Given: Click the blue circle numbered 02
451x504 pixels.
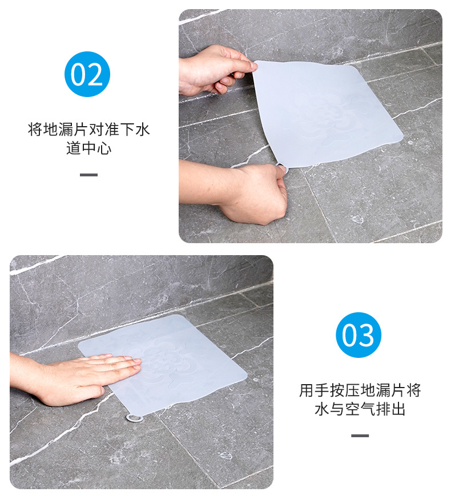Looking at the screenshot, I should tap(87, 74).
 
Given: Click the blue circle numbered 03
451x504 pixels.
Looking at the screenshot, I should tap(358, 335).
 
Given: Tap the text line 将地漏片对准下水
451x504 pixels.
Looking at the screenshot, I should tap(88, 130).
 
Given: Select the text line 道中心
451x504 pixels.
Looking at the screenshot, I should tap(88, 148).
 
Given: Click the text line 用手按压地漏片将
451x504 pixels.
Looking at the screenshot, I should tap(360, 390).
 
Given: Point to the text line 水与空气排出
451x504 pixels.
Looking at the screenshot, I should tap(360, 409).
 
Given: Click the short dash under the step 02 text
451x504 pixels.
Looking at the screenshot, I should tap(88, 175).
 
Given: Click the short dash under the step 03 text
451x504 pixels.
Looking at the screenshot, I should tap(360, 436).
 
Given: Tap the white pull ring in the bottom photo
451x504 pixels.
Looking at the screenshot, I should tap(134, 419).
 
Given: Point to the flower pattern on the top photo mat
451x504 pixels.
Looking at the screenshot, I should tap(323, 114).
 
